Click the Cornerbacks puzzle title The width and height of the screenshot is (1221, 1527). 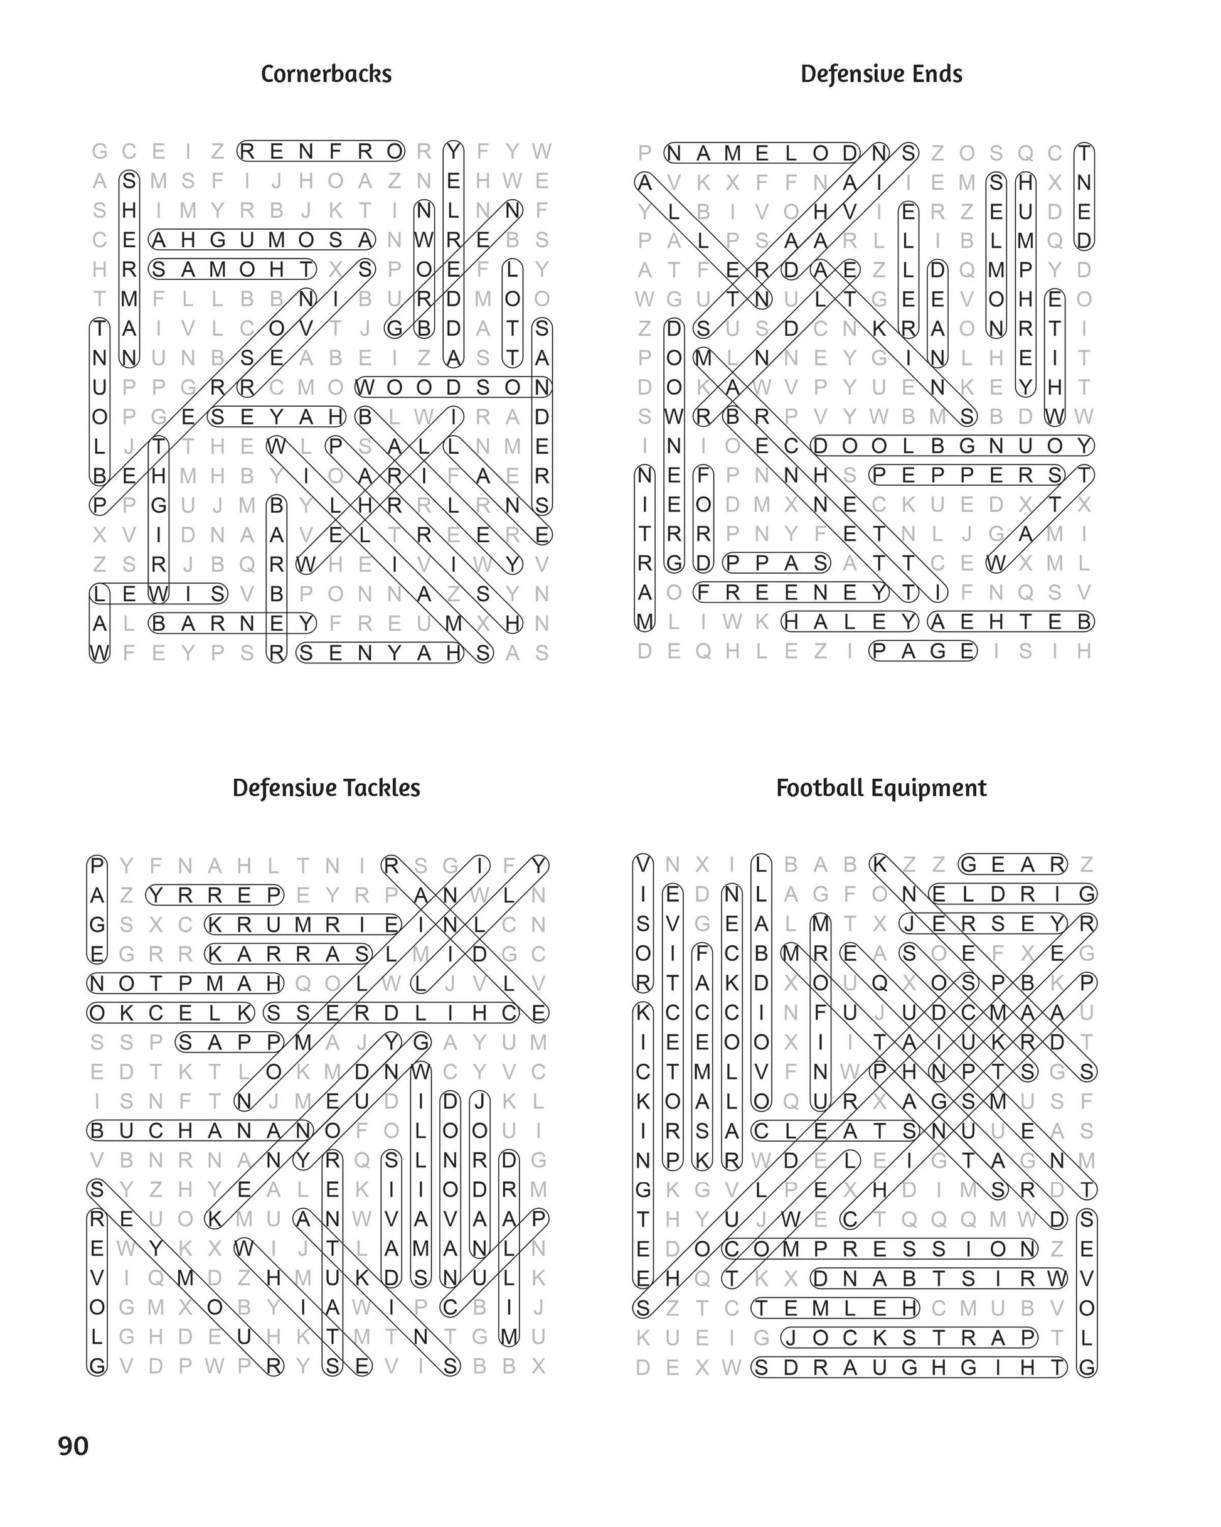point(326,73)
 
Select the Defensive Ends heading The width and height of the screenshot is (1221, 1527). point(881,73)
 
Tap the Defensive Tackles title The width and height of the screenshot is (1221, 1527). point(326,788)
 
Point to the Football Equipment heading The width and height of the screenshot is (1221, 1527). point(881,788)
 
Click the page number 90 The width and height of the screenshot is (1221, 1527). point(73,1445)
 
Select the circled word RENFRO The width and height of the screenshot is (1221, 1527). point(321,151)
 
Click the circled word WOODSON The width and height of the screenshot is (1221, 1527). point(453,387)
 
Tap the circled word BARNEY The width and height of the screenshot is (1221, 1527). point(232,623)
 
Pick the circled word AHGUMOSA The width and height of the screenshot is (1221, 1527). point(262,240)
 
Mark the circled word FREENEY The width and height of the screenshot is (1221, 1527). point(792,592)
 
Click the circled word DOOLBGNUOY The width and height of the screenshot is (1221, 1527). point(952,446)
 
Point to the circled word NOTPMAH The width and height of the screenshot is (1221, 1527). point(186,983)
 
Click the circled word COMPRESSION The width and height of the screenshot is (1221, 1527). point(880,1249)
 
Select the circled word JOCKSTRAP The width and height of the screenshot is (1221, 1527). point(909,1338)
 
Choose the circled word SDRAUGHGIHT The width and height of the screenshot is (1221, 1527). point(909,1368)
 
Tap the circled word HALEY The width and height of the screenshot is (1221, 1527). point(850,622)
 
